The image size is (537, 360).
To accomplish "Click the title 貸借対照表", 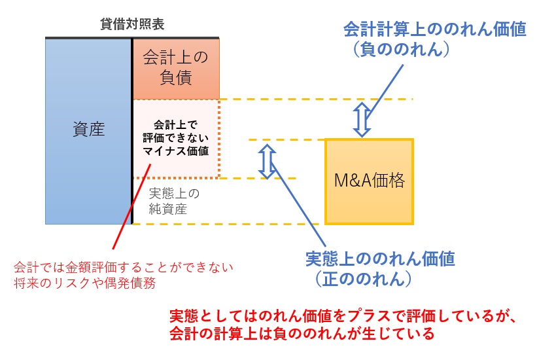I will [x=132, y=26].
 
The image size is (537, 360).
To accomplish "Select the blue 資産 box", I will [x=88, y=164].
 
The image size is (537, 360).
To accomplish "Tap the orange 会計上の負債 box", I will [x=176, y=68].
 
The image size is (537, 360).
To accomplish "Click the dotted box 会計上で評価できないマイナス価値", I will [x=176, y=137].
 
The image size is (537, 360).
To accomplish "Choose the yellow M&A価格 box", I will [x=370, y=181].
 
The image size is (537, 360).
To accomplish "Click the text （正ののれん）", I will [x=362, y=279].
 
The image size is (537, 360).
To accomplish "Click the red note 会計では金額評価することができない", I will [x=124, y=268].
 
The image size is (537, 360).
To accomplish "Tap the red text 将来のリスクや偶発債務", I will [x=86, y=283].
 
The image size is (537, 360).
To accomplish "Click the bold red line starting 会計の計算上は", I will [x=302, y=334].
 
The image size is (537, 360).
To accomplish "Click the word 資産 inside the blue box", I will [x=88, y=129].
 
